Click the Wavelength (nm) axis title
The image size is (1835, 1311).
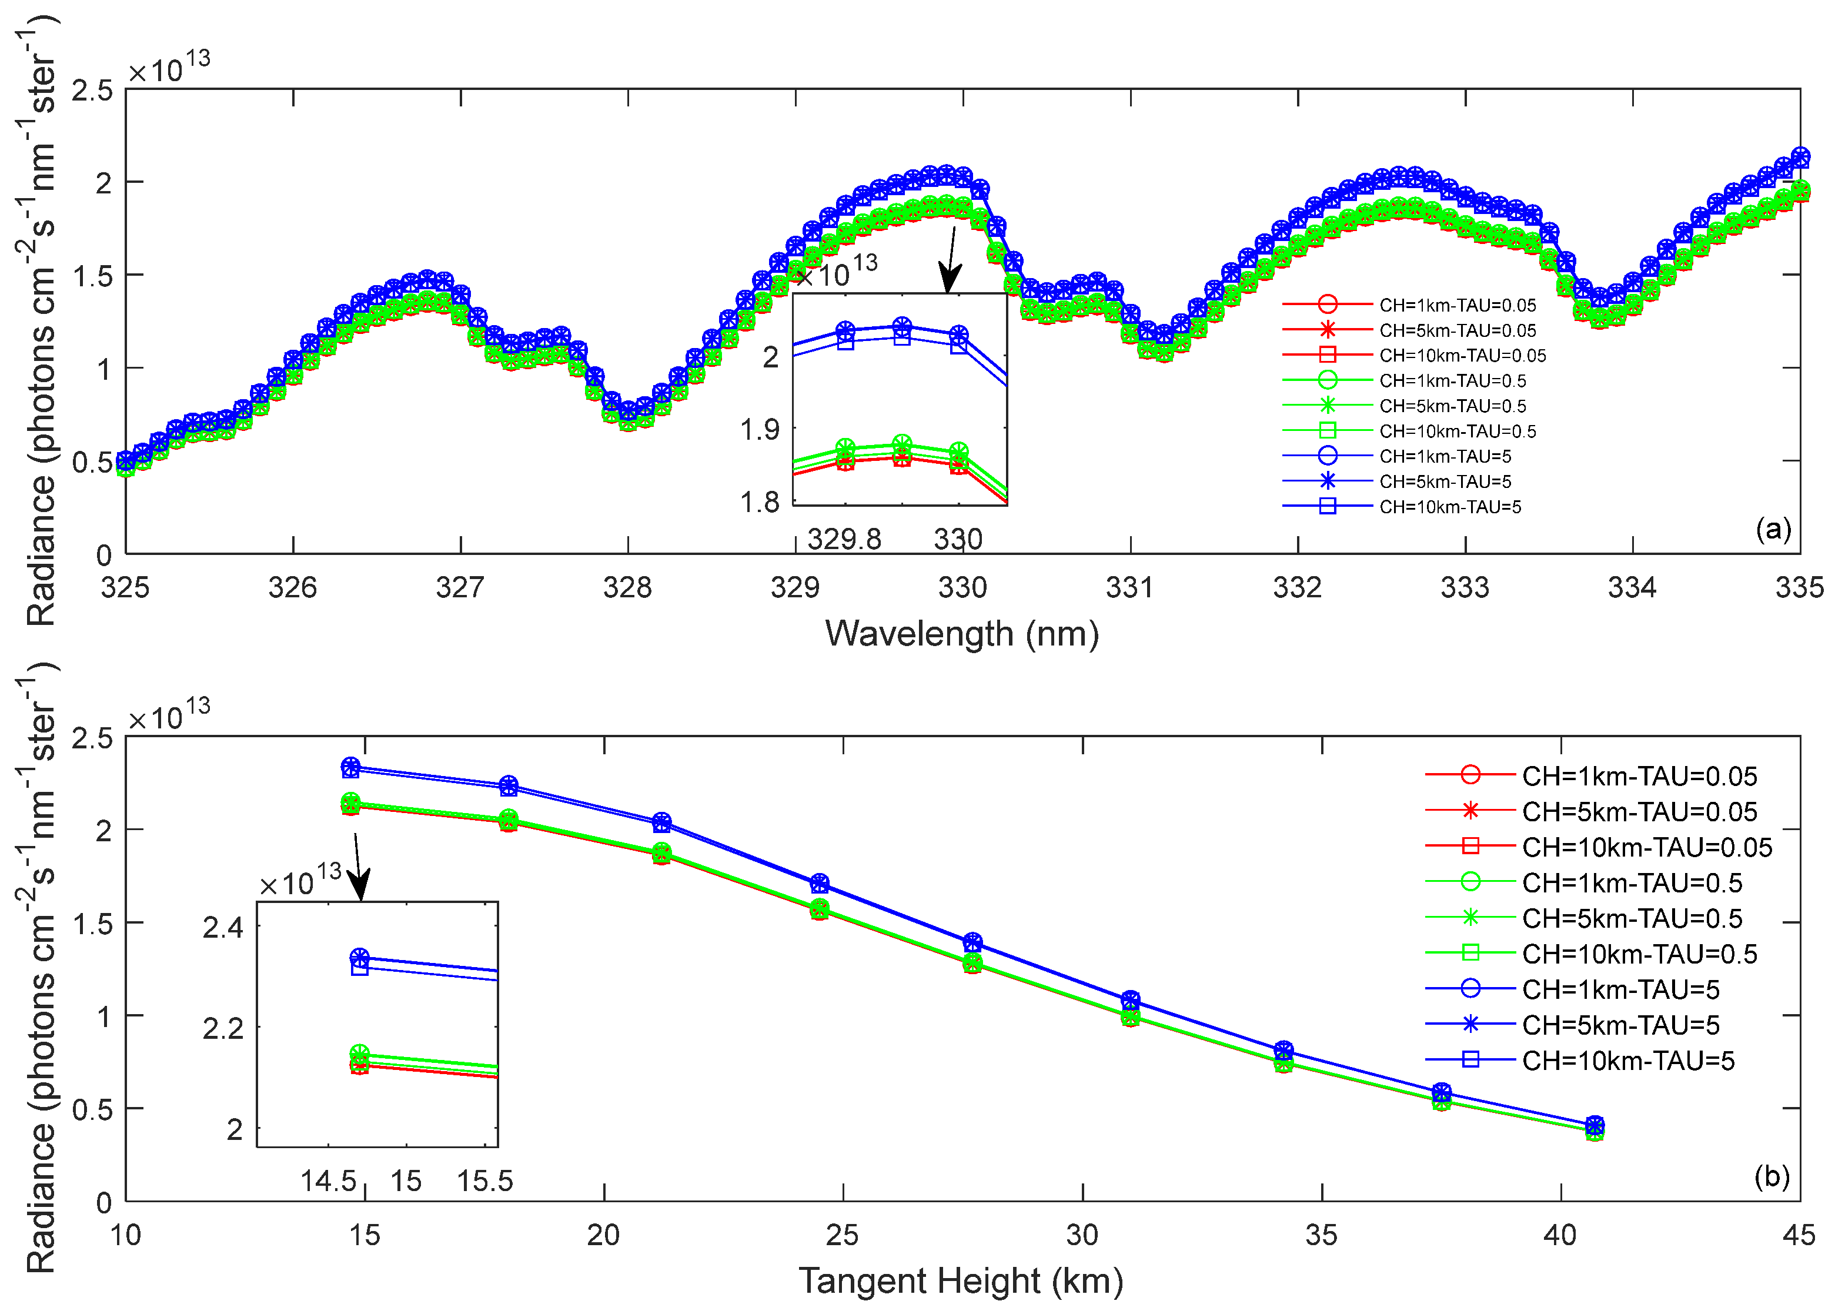[x=961, y=634]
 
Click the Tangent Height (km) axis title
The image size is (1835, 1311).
[x=961, y=1281]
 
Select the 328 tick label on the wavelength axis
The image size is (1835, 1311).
[x=627, y=588]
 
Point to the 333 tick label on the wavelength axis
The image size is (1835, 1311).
[x=1465, y=588]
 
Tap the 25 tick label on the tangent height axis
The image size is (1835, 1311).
[x=842, y=1235]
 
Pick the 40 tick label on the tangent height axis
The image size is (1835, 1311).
[x=1560, y=1235]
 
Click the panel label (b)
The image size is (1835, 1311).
[x=1772, y=1176]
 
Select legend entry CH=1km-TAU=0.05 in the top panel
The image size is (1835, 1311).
[x=1457, y=305]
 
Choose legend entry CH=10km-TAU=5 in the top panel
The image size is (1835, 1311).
[x=1450, y=507]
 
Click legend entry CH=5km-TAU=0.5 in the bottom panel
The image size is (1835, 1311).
[x=1632, y=919]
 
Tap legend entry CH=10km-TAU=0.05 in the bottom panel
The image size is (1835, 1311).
[x=1647, y=848]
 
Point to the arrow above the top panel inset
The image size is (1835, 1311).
[x=951, y=260]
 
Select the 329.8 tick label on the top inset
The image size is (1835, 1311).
[x=844, y=539]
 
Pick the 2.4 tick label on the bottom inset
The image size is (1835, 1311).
[x=223, y=928]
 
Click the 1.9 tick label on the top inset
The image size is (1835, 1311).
[x=760, y=430]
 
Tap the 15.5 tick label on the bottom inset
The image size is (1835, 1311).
[x=484, y=1182]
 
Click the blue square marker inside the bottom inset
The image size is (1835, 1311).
[x=360, y=967]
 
